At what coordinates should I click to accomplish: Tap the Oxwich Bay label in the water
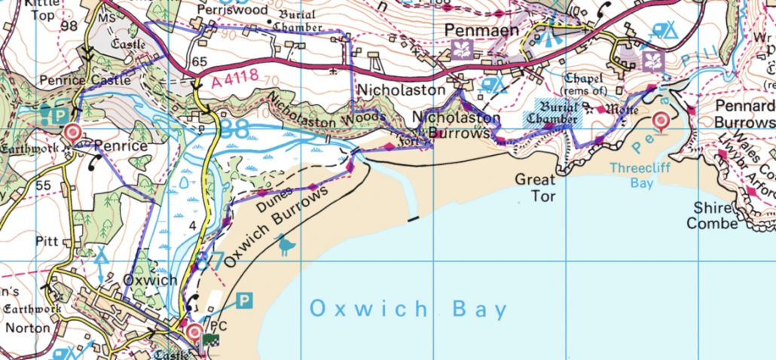[408, 309]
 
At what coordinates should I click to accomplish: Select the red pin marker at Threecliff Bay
[661, 121]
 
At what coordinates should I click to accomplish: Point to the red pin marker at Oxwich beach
[194, 331]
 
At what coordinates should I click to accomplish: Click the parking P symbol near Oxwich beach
[244, 301]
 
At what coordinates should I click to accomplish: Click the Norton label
[26, 328]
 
